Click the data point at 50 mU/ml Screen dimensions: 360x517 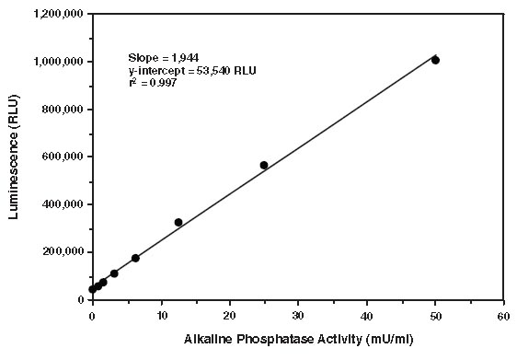click(435, 60)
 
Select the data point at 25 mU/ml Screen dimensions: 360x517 click(264, 165)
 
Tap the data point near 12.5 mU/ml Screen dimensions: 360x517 click(178, 222)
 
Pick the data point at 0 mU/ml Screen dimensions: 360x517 click(93, 289)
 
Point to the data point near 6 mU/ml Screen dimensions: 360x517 click(135, 258)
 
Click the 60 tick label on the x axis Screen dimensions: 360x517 click(503, 316)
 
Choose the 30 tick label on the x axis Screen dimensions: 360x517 click(298, 316)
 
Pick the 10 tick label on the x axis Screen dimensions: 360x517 click(161, 316)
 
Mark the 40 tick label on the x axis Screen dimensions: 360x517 click(366, 316)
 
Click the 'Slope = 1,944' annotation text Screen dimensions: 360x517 click(163, 57)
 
